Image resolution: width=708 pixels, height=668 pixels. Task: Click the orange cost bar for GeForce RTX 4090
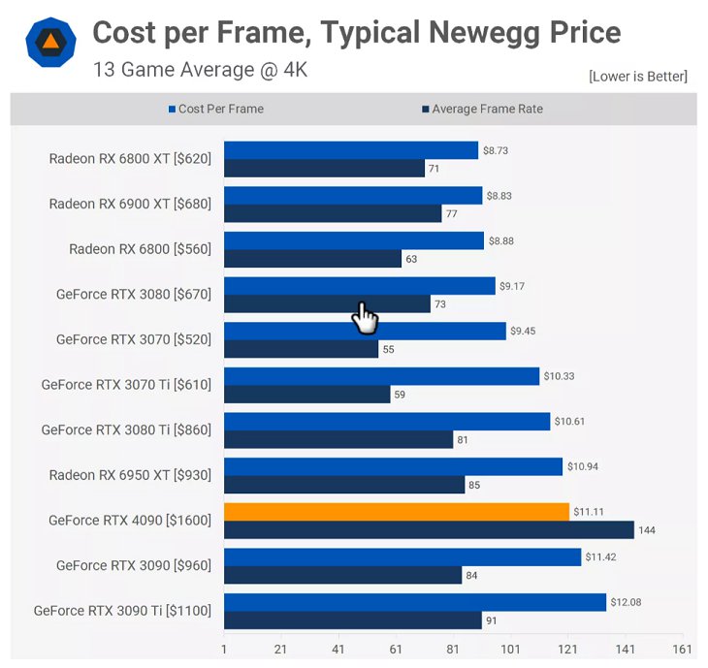click(x=396, y=512)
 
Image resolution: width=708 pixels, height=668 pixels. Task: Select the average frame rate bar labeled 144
click(x=429, y=529)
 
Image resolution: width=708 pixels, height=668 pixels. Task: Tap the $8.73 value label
click(x=496, y=150)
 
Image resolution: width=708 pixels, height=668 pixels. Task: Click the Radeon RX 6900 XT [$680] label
click(x=130, y=204)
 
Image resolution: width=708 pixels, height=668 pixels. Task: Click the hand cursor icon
click(x=365, y=317)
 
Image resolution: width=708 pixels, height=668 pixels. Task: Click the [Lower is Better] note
click(x=637, y=77)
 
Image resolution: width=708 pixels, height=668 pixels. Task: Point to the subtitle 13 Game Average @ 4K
click(x=200, y=70)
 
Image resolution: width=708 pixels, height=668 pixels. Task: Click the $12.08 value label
click(x=626, y=602)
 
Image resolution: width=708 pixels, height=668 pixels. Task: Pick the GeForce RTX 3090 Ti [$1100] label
click(x=122, y=611)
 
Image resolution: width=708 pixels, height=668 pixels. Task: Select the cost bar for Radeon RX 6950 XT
click(x=393, y=466)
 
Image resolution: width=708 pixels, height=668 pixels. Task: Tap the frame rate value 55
click(x=388, y=349)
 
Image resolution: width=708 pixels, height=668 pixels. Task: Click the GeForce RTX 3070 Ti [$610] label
click(x=126, y=385)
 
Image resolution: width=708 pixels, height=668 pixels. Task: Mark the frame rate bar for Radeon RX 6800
click(x=312, y=259)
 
